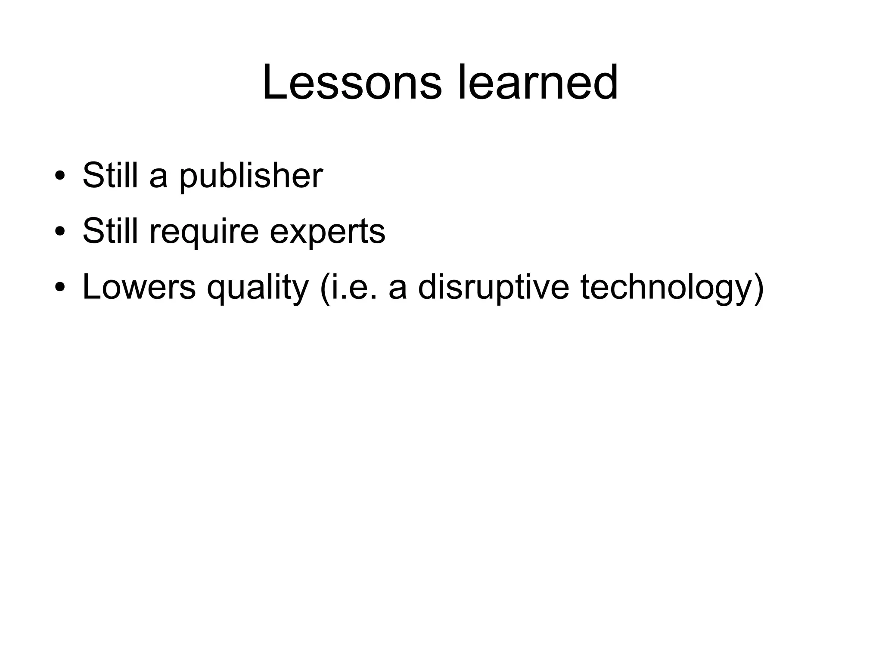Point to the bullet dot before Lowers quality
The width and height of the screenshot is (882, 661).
coord(60,287)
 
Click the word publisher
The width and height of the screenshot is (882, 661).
coord(251,177)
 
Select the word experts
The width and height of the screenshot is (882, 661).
coord(327,233)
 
